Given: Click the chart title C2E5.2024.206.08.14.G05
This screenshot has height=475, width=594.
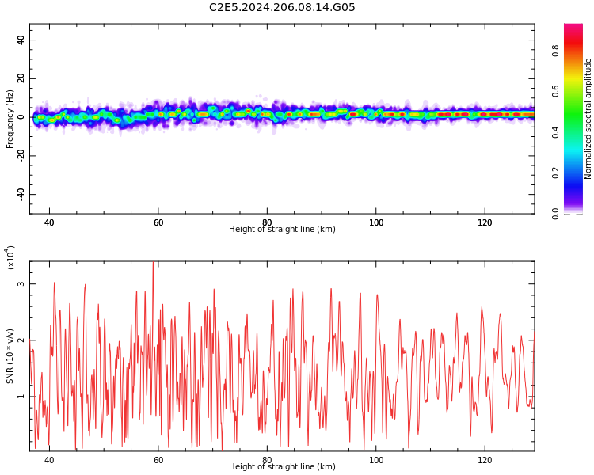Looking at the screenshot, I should click(282, 8).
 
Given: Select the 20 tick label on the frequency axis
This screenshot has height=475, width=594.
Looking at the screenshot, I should click(21, 78).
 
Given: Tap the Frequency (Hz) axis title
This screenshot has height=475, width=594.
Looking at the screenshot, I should click(10, 119).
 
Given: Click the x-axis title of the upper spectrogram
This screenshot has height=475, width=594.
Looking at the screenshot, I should click(282, 230).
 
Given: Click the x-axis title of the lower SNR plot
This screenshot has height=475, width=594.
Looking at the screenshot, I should click(282, 467).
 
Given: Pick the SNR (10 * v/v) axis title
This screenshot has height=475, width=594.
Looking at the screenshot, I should click(10, 356).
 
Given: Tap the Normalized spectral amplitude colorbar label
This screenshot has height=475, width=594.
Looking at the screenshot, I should click(588, 119).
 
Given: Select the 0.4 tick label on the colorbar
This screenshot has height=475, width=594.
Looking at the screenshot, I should click(556, 132).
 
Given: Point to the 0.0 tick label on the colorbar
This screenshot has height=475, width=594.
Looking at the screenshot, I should click(556, 213).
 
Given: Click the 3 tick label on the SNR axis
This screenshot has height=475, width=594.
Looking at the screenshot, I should click(21, 283).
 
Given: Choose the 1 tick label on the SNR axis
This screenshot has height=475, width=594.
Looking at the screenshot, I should click(21, 397).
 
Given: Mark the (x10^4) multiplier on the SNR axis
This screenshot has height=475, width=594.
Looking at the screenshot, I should click(10, 257).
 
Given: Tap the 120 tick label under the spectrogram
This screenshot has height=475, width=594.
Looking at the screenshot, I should click(485, 222).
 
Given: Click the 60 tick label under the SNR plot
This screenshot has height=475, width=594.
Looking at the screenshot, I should click(158, 460).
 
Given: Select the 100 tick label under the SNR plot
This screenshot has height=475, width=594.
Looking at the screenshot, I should click(376, 460).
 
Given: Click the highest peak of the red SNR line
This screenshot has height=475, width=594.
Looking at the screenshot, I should click(153, 263).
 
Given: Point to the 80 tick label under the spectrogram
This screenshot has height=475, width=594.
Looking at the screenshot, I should click(267, 222).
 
